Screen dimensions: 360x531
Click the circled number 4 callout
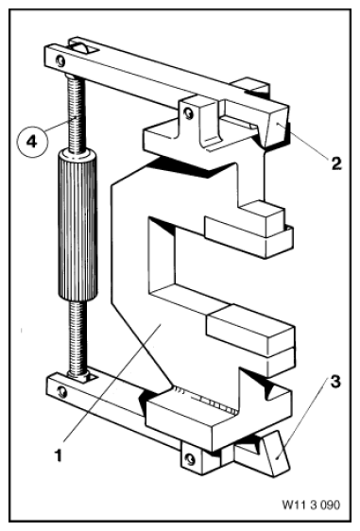coord(32,141)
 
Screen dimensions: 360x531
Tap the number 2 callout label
coord(336,163)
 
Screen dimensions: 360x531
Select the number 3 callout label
coord(334,382)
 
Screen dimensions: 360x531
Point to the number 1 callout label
coord(59,454)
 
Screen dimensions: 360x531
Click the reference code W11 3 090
coord(311,505)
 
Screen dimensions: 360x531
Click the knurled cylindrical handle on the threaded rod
coord(77,225)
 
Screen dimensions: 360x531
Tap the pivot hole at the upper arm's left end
coord(61,61)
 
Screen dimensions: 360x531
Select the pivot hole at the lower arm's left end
coord(62,392)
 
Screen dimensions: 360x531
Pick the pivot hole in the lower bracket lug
coord(191,459)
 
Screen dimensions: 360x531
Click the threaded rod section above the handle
coord(76,113)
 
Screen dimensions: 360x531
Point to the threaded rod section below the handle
coord(77,338)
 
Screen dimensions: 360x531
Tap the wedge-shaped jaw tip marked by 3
coord(278,453)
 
